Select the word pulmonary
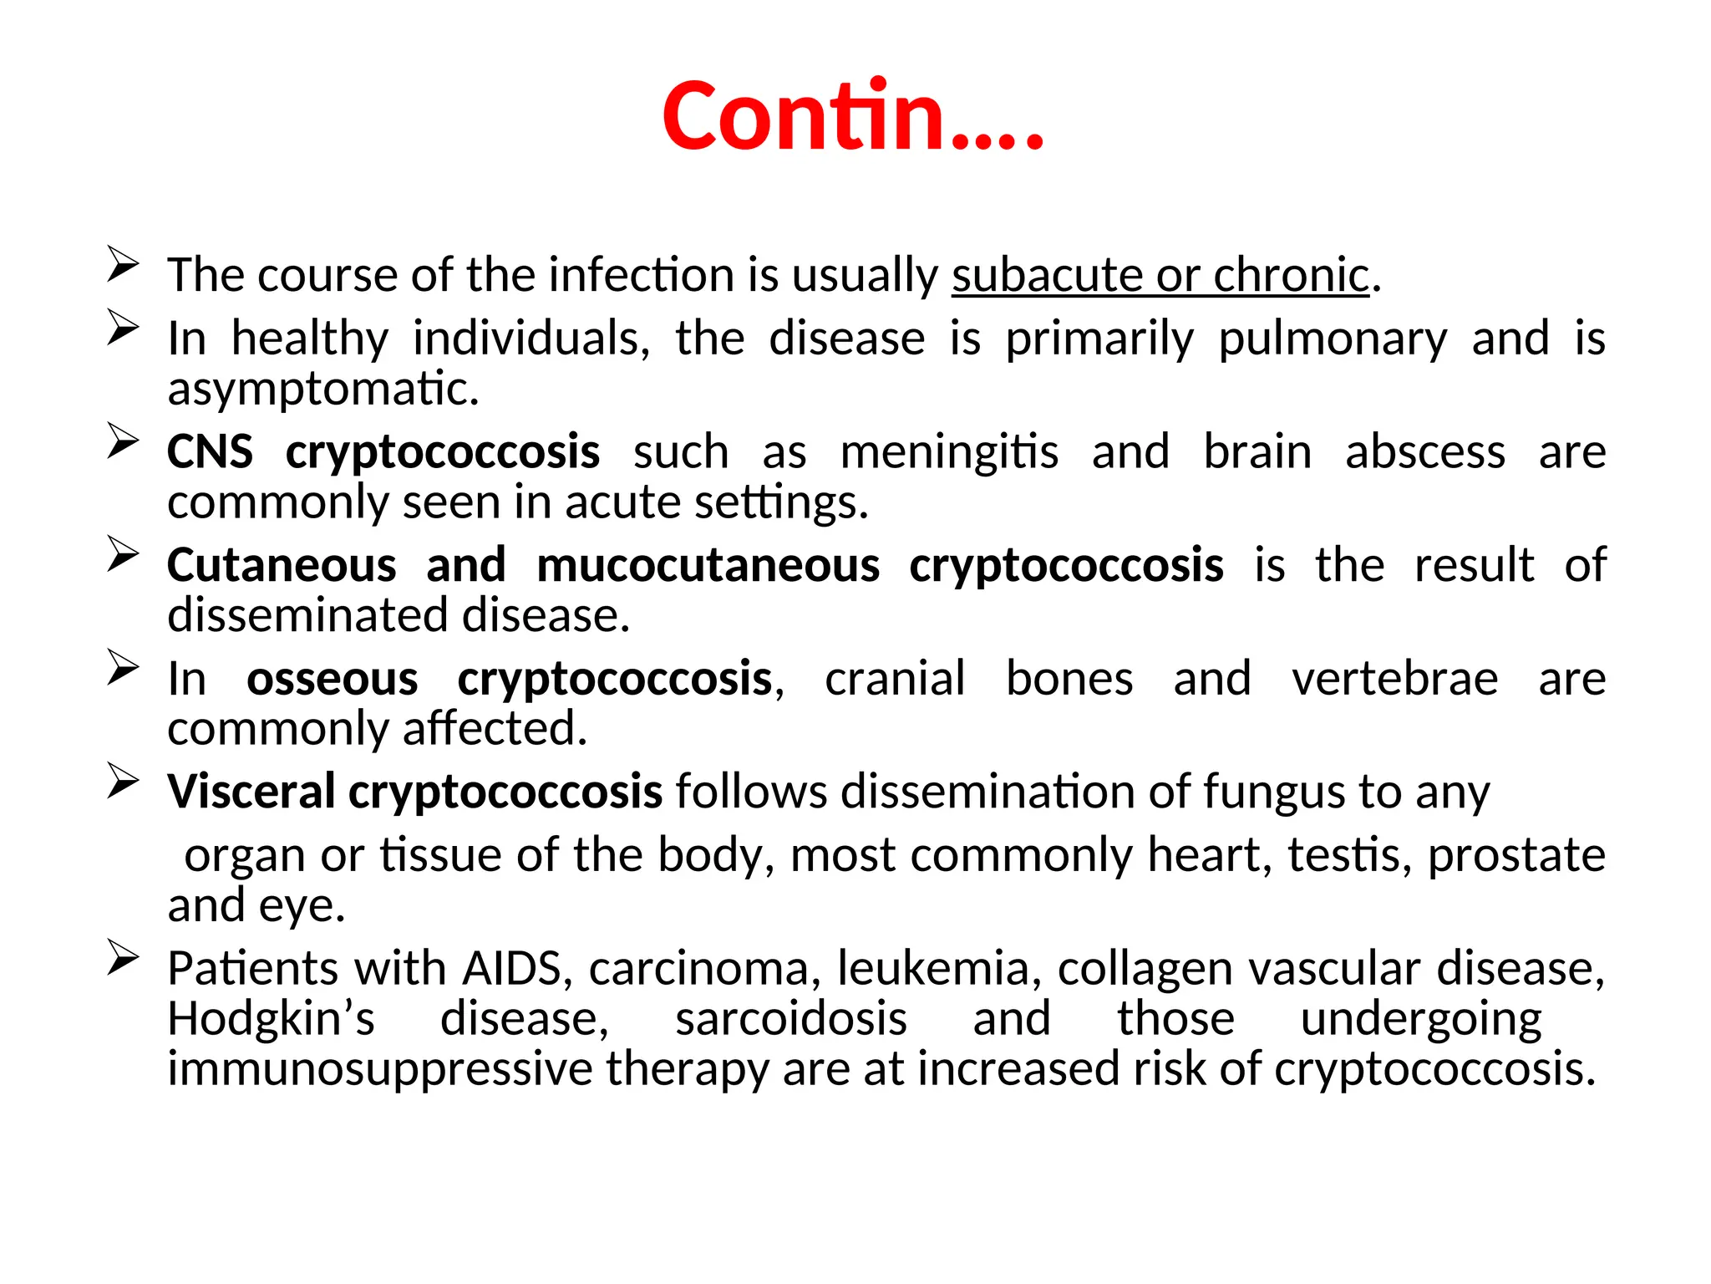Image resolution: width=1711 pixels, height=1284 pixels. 1333,339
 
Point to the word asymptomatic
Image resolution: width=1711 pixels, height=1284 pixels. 323,390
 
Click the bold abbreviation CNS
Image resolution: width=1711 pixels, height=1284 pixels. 210,452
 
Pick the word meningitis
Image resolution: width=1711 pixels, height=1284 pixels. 949,452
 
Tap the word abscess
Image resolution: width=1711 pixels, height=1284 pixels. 1425,452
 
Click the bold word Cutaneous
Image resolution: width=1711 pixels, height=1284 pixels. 282,565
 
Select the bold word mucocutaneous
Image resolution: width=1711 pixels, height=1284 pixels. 708,565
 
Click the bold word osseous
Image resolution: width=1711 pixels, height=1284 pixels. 332,678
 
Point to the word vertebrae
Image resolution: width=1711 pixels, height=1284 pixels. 1394,678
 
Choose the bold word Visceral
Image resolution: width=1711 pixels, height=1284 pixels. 251,792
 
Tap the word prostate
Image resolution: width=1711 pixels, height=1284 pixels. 1516,855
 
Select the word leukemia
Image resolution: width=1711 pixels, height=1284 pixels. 933,969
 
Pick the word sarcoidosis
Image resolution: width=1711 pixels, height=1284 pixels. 791,1019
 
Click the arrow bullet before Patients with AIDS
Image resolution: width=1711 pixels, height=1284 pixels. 123,958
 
